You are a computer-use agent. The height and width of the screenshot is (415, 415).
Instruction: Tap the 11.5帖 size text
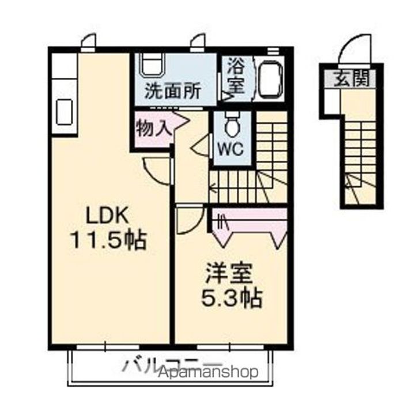[108, 239]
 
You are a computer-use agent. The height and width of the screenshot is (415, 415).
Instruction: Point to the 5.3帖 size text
[231, 297]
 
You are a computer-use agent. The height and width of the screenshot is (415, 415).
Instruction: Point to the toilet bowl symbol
[232, 125]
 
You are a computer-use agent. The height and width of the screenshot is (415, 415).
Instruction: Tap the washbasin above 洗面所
[153, 65]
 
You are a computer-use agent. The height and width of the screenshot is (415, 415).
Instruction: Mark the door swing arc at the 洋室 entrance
[188, 221]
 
